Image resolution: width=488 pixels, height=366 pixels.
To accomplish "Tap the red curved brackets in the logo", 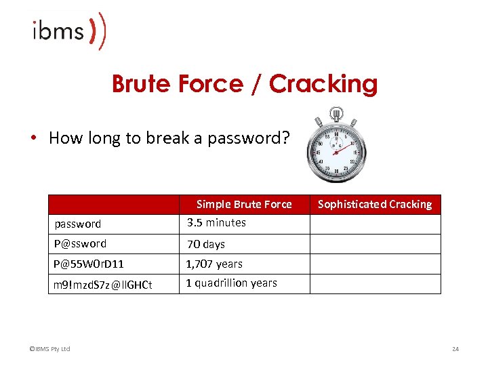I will (x=98, y=31).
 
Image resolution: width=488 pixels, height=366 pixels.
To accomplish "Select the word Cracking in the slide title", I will (x=323, y=84).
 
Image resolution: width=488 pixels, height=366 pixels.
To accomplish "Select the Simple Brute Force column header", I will (x=244, y=204).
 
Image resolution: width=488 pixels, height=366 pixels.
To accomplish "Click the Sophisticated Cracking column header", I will (x=375, y=204).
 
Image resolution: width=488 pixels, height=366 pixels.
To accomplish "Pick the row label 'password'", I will (x=77, y=224).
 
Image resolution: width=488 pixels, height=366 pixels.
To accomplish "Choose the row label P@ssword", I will (x=80, y=244).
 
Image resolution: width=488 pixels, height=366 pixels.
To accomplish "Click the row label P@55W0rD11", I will (x=89, y=264).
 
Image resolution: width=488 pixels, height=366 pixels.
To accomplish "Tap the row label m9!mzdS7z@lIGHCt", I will (x=102, y=284).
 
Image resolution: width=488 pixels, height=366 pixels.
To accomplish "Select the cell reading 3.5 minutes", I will (x=216, y=222).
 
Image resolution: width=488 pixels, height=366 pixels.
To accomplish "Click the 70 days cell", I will (x=206, y=244).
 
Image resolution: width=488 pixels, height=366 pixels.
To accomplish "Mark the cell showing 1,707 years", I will (x=214, y=264).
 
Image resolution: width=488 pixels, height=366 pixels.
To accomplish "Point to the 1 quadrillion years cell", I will (x=232, y=283).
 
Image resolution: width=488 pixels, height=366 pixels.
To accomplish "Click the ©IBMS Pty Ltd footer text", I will (x=49, y=349).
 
